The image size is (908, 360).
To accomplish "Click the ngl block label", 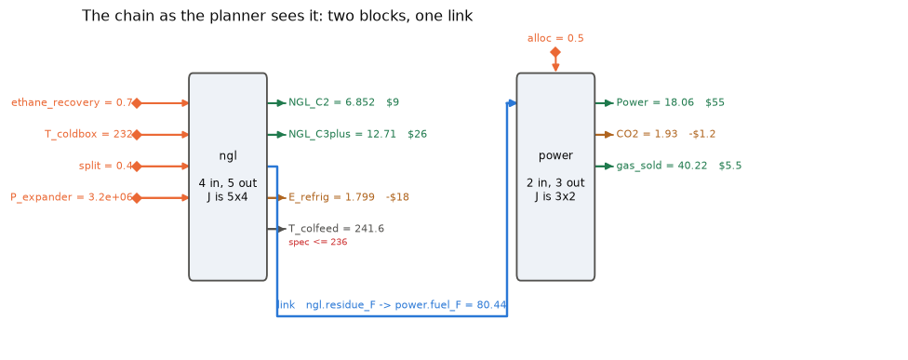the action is (x=228, y=155).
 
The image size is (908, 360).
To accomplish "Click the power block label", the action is (x=555, y=155).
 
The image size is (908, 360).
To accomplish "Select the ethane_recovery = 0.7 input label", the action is (x=72, y=103).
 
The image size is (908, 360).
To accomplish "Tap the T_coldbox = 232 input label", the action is (x=88, y=134).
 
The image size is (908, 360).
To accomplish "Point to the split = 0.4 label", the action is (x=106, y=167).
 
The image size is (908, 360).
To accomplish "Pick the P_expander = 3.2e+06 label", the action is (x=72, y=197).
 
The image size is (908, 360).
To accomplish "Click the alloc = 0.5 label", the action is (x=555, y=39).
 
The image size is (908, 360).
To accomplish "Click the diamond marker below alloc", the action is (x=555, y=52).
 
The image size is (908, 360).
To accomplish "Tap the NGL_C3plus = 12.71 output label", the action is (x=342, y=134).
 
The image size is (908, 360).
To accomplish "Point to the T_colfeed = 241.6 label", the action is (x=337, y=229).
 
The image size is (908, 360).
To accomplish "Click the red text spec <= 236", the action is (x=318, y=242).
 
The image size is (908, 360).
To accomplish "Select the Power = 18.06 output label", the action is (x=655, y=103).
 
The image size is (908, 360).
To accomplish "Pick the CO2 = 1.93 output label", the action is (x=647, y=134).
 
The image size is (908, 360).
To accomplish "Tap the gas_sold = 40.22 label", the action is (x=661, y=167).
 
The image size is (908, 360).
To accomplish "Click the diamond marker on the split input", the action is (x=137, y=167).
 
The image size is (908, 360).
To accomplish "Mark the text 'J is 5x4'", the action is (x=228, y=197).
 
